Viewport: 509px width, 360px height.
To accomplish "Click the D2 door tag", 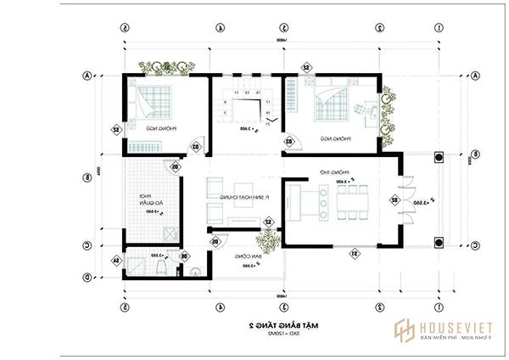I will click(394, 200).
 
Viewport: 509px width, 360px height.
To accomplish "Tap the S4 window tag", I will click(116, 261).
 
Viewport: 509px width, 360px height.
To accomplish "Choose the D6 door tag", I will click(185, 256).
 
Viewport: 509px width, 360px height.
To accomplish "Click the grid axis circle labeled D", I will click(86, 277).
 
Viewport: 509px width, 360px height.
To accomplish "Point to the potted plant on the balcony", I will click(270, 241).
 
